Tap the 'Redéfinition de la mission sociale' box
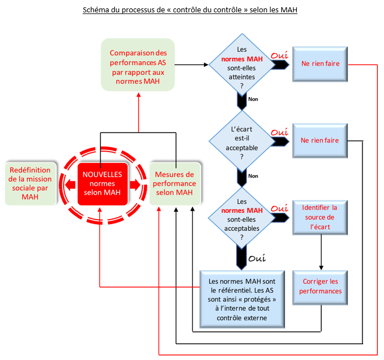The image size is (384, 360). pos(30,184)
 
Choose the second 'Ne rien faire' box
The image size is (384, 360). pos(320,140)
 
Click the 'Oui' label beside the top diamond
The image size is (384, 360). pos(279,55)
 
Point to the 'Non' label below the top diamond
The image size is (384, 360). pos(253,99)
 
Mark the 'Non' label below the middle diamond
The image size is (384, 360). pos(253,176)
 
